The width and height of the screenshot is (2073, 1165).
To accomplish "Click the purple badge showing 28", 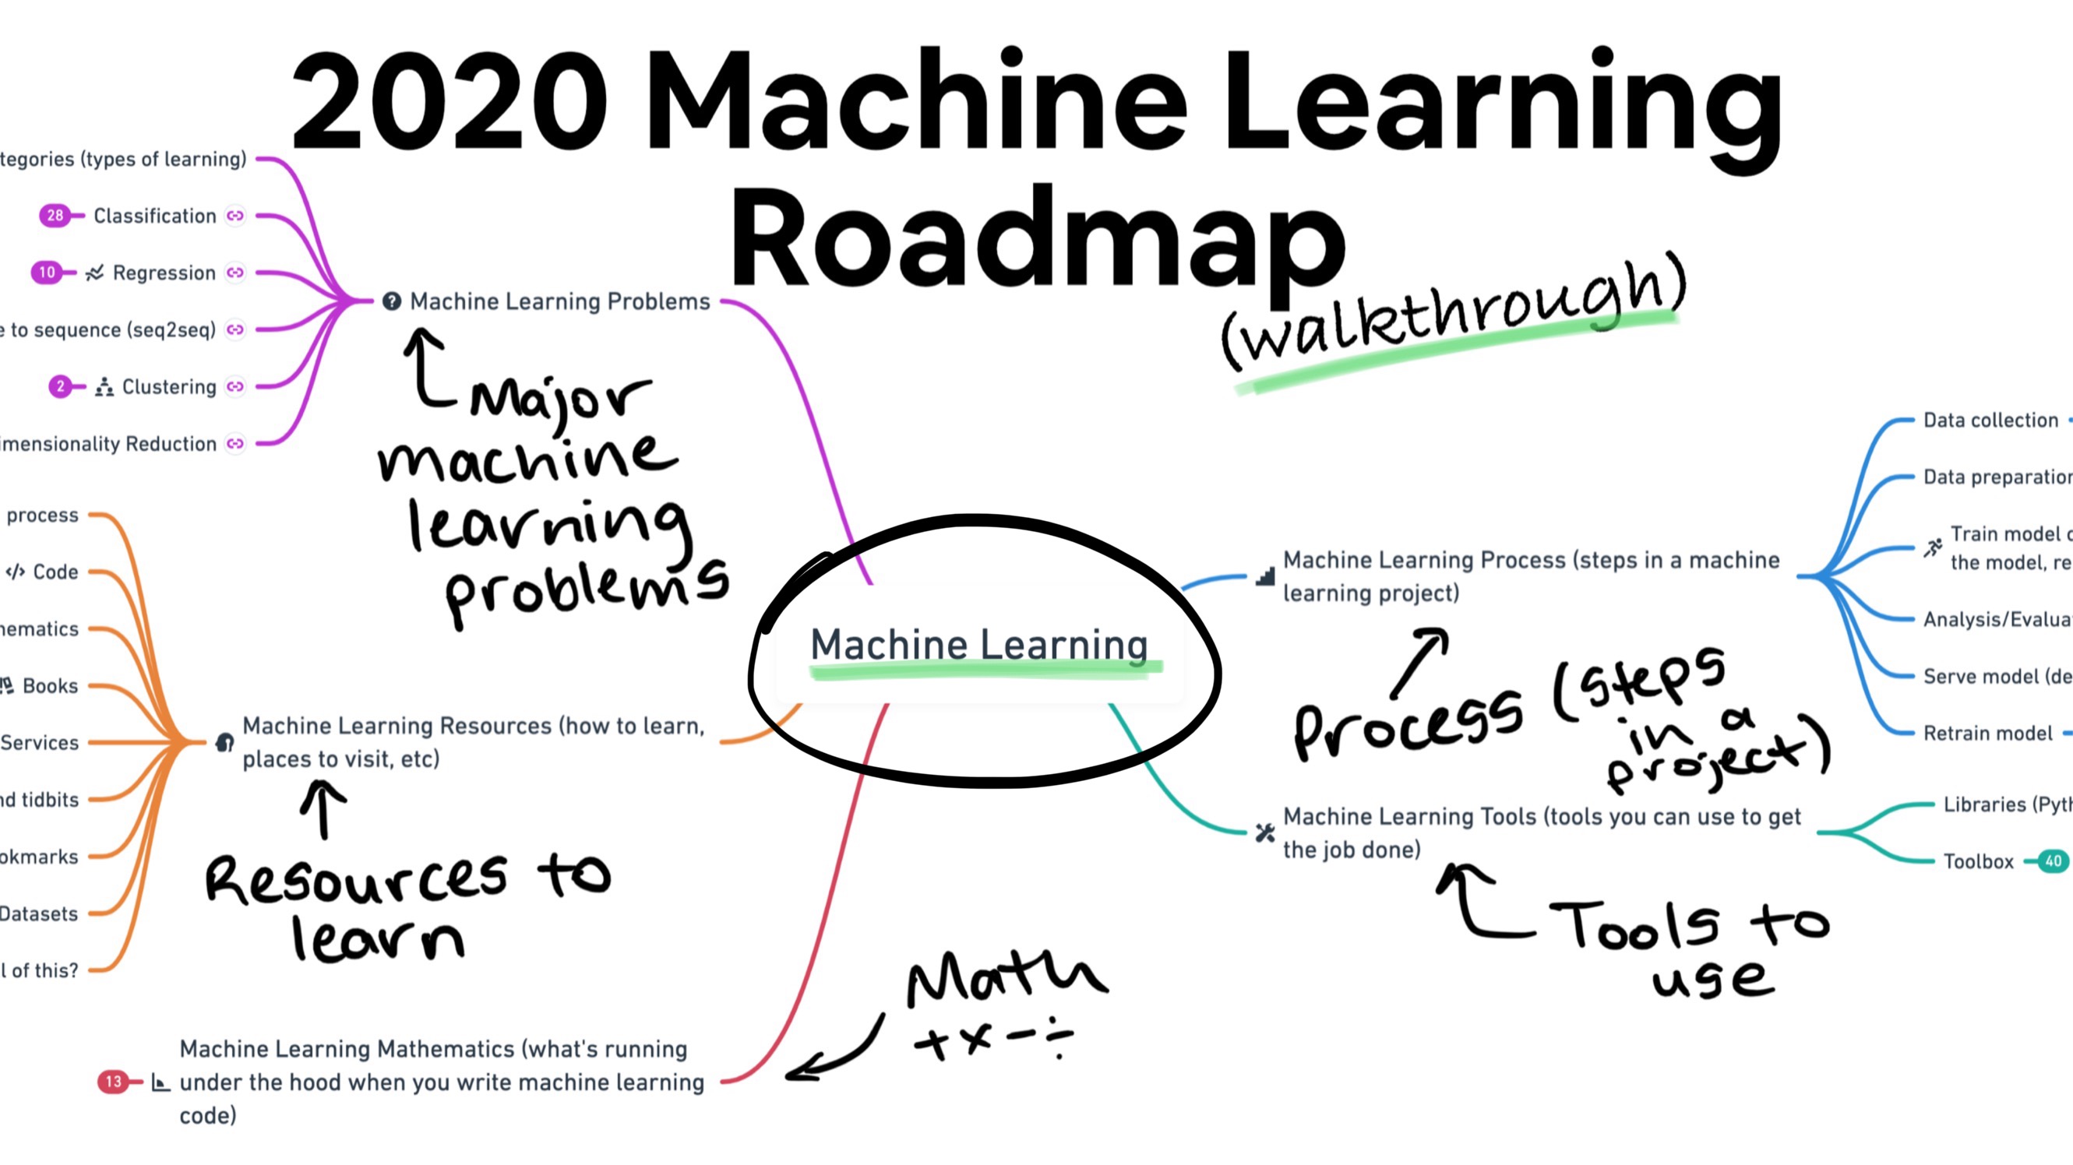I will click(x=55, y=216).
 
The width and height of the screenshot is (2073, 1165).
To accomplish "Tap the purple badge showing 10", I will click(x=47, y=273).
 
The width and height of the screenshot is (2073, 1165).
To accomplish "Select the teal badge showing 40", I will click(x=2053, y=861).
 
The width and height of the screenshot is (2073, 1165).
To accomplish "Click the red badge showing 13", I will click(x=114, y=1082).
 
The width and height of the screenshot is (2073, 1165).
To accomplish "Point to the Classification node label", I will click(x=154, y=216).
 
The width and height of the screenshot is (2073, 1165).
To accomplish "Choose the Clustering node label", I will click(x=169, y=387).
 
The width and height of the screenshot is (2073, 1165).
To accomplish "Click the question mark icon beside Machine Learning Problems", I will click(x=392, y=301).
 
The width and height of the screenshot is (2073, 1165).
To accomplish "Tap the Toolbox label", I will click(x=1978, y=862).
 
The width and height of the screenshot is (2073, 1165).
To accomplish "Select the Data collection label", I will click(x=1990, y=420).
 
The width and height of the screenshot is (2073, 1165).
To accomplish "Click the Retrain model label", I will click(x=1988, y=733).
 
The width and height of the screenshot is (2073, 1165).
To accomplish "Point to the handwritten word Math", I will click(x=1006, y=977).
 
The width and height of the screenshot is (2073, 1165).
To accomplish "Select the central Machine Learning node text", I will click(x=978, y=645).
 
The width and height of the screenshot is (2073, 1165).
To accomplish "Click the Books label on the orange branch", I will click(x=50, y=686).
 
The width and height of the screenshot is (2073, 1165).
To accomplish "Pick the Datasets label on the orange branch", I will click(x=39, y=914).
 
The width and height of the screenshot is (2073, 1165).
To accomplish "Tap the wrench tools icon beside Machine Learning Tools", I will click(x=1265, y=832).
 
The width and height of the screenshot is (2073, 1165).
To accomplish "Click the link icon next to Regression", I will click(x=235, y=273).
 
